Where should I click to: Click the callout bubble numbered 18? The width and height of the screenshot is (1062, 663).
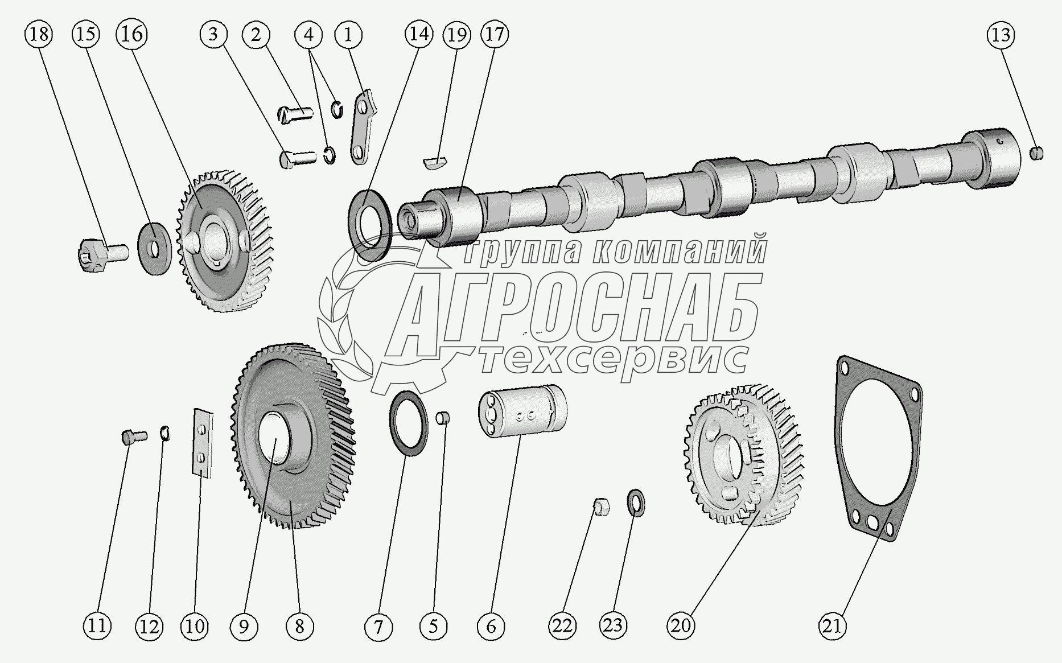(38, 35)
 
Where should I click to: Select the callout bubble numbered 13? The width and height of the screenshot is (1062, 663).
(1000, 35)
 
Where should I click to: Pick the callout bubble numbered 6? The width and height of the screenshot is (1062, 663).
(491, 626)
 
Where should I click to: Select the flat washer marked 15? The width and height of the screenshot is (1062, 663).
(155, 249)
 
